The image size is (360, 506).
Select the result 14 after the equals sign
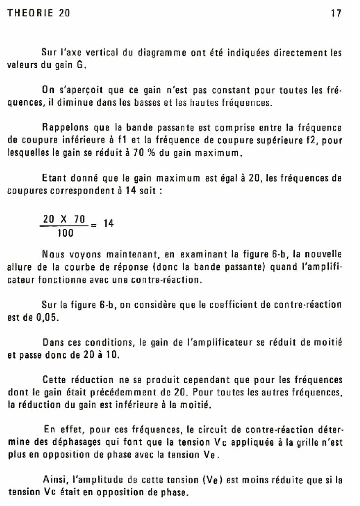(x=108, y=223)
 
